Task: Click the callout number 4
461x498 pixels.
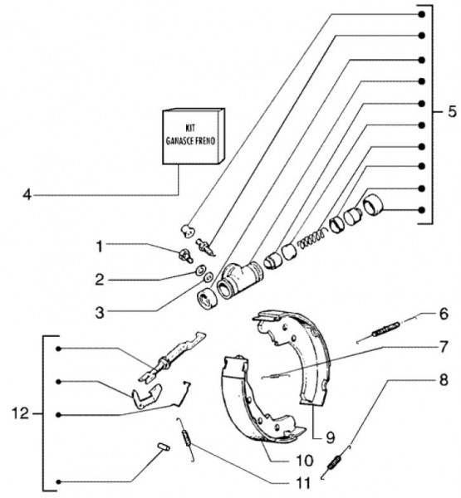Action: pos(27,195)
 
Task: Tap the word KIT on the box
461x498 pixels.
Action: pos(190,129)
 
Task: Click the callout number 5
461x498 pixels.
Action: pos(452,112)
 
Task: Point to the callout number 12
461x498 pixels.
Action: pos(20,413)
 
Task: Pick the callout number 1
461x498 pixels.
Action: pos(100,247)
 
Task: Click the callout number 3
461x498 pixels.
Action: pos(100,313)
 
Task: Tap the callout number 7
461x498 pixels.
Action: pos(444,346)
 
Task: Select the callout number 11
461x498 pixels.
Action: pos(302,483)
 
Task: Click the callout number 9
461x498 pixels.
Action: pos(331,437)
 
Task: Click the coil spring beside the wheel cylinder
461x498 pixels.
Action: pos(313,237)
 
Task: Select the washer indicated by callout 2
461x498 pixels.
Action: pos(200,271)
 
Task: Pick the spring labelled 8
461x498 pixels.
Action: pos(335,461)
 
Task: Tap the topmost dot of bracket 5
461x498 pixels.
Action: pos(422,15)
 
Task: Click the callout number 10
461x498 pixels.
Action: pos(304,460)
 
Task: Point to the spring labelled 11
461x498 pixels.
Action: pos(187,438)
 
